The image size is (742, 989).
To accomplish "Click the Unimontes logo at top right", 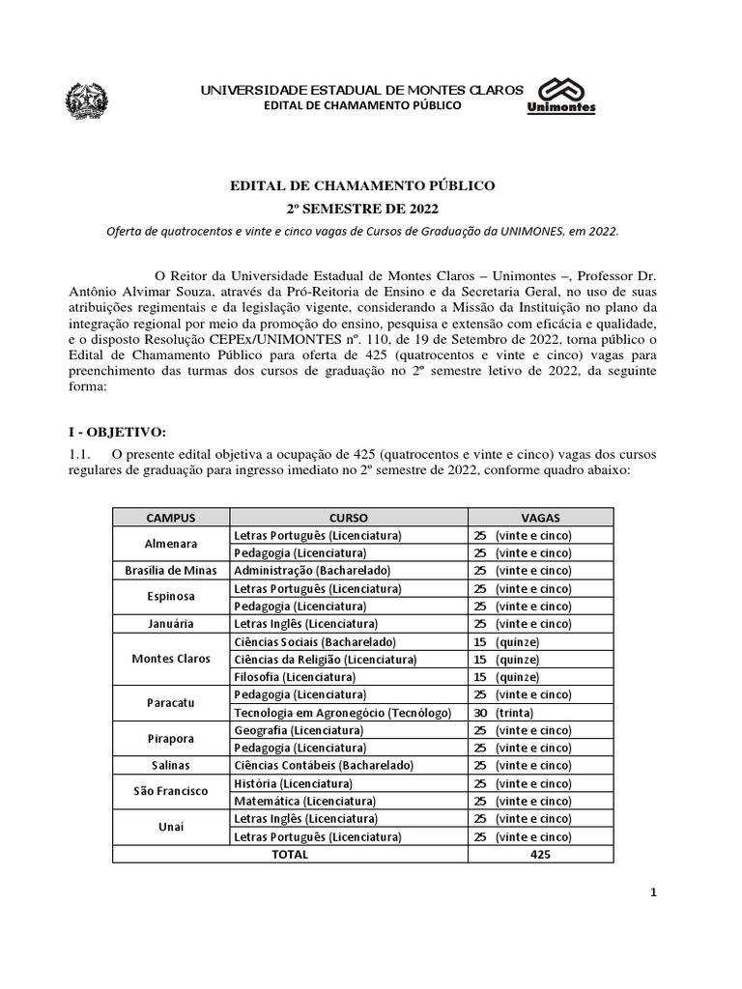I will tap(561, 95).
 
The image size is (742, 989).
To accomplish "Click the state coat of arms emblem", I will tap(88, 99).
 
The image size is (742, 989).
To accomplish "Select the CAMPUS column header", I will tap(171, 518).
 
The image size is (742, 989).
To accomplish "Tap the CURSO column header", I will tap(349, 518).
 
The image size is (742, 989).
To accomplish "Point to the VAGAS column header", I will tap(540, 518).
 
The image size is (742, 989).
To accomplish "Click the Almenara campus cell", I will tap(171, 544).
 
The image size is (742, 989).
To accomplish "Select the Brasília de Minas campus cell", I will tap(171, 571).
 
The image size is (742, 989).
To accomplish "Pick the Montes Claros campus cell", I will tap(171, 659).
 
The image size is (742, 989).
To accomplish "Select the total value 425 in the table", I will tap(541, 854).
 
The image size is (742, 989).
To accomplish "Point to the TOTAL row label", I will tap(290, 854).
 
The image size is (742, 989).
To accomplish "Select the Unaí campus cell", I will tap(171, 828).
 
